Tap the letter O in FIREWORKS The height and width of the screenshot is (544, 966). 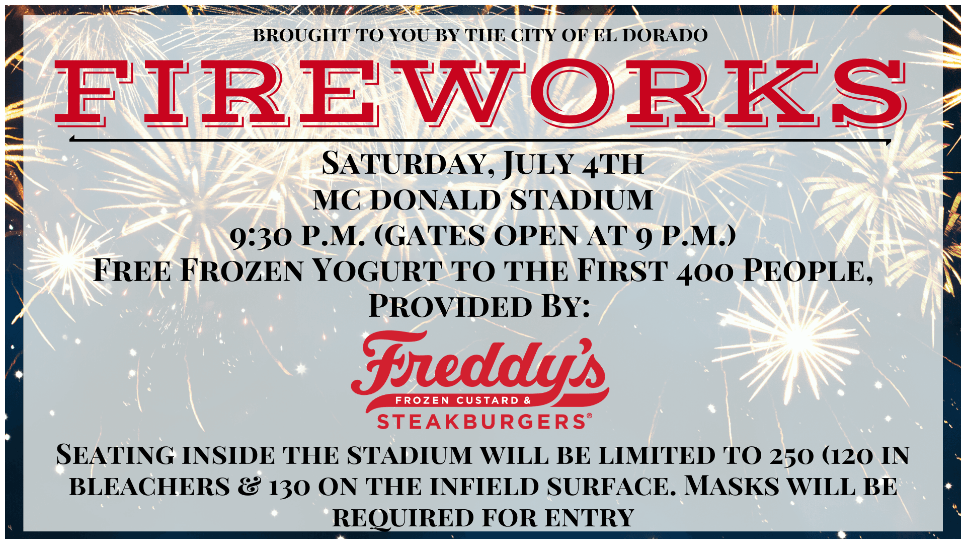pyautogui.click(x=572, y=93)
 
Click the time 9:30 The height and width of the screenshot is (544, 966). pyautogui.click(x=261, y=236)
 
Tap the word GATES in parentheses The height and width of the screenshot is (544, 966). pyautogui.click(x=436, y=236)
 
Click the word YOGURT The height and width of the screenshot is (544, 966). pyautogui.click(x=377, y=270)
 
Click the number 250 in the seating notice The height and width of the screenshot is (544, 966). pyautogui.click(x=791, y=455)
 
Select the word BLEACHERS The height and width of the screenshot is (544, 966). pyautogui.click(x=149, y=487)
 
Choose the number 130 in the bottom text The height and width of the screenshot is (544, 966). pyautogui.click(x=289, y=487)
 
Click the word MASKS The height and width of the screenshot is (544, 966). pyautogui.click(x=732, y=486)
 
